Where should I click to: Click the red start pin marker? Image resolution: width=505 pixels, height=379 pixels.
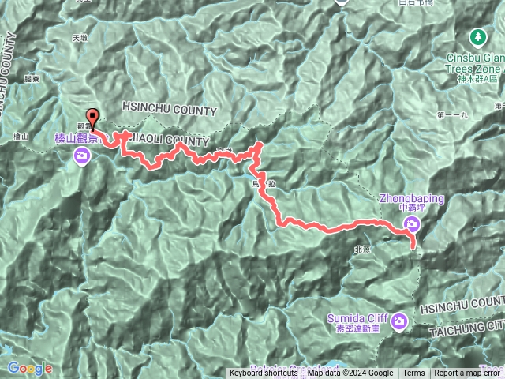[x=93, y=119]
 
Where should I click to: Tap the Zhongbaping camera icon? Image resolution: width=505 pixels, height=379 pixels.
[x=410, y=227]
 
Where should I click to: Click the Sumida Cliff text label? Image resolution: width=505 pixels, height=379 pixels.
[x=359, y=317]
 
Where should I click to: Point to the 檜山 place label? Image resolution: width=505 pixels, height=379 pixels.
[x=21, y=137]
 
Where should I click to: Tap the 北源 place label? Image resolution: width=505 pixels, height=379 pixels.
[x=363, y=248]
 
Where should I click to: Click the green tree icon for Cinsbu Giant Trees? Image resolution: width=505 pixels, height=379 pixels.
[x=478, y=36]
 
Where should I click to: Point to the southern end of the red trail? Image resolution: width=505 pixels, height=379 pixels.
[x=414, y=247]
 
